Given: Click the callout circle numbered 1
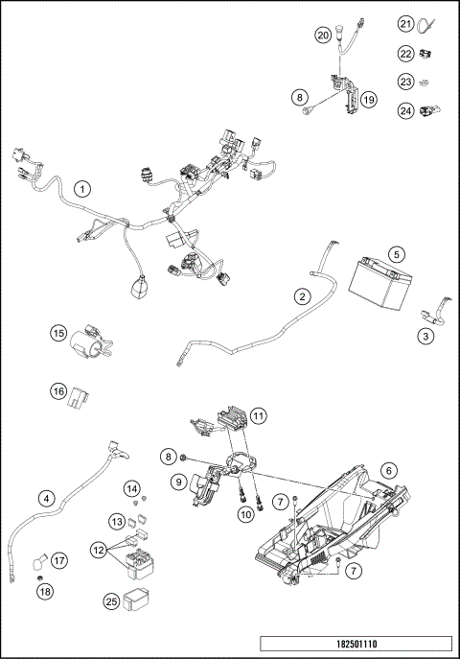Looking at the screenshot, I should point(83,189).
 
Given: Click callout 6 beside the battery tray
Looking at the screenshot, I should point(388,470).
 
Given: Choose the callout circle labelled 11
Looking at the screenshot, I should point(258,416).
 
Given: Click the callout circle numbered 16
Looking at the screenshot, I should point(58,391).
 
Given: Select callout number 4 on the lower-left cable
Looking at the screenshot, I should point(45,499).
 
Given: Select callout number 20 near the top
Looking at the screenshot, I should point(324,35).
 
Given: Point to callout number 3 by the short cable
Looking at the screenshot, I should point(423,336).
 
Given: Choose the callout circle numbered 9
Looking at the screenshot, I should point(177,481).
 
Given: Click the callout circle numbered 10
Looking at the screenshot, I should point(244,515).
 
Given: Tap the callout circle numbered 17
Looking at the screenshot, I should point(58,560).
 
